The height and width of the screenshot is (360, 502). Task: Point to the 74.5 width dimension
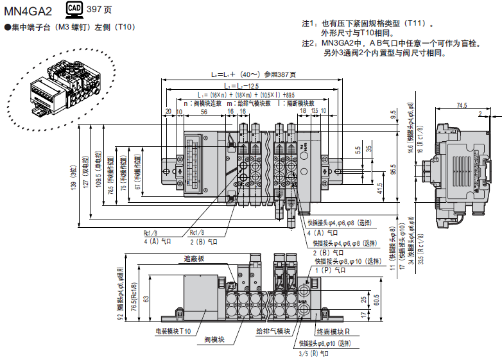pyautogui.click(x=461, y=105)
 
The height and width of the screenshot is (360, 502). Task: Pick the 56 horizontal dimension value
pyautogui.click(x=203, y=112)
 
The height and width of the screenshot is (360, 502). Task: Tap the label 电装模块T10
pyautogui.click(x=174, y=331)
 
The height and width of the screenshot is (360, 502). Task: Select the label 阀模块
pyautogui.click(x=213, y=339)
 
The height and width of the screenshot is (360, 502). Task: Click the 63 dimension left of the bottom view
pyautogui.click(x=146, y=298)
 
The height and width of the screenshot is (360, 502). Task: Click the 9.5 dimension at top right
pyautogui.click(x=392, y=116)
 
